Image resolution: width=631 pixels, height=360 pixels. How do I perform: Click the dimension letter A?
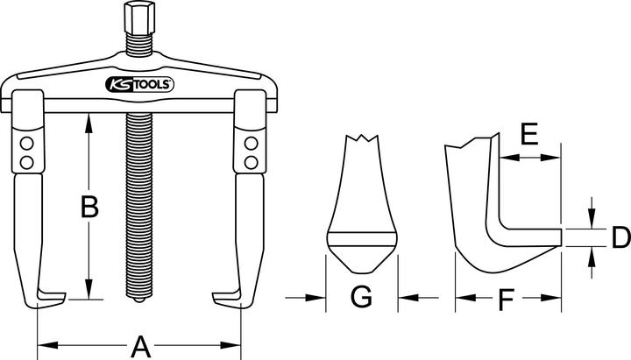(139, 347)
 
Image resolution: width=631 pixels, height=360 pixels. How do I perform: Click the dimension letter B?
(89, 208)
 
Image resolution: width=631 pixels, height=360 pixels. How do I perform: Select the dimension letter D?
(620, 236)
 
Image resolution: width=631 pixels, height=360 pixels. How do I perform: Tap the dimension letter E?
(528, 134)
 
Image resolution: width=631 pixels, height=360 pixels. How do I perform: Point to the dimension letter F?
(506, 302)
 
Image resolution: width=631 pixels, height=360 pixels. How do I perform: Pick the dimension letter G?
(361, 298)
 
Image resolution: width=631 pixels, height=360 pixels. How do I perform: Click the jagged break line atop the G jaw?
(363, 139)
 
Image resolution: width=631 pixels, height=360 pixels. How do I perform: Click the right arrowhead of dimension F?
(554, 300)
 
